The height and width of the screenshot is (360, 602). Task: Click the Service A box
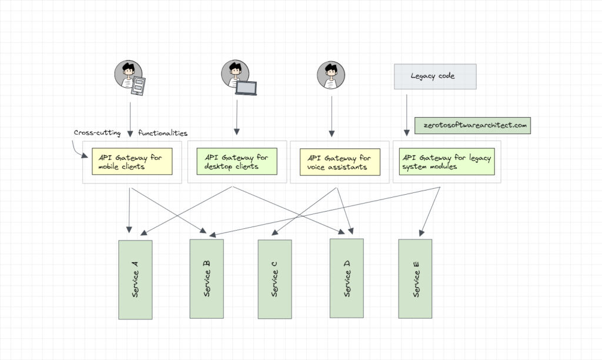135,279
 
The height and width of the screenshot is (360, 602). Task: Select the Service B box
206,278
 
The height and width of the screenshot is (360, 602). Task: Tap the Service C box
275,279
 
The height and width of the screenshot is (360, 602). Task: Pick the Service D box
346,278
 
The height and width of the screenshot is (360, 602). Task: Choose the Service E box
415,278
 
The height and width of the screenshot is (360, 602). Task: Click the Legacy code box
435,76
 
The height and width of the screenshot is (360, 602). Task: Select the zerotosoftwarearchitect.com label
473,125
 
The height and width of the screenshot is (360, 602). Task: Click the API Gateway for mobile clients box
132,162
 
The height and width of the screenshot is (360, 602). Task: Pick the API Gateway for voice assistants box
340,162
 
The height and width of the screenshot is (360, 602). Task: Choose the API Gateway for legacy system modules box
447,162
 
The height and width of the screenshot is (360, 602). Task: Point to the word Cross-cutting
97,133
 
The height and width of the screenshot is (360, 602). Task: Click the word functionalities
163,133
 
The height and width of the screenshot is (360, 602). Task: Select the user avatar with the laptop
235,74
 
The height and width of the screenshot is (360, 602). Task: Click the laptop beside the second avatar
246,89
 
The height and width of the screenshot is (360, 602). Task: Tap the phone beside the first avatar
138,86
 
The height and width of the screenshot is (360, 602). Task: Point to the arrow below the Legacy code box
406,115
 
